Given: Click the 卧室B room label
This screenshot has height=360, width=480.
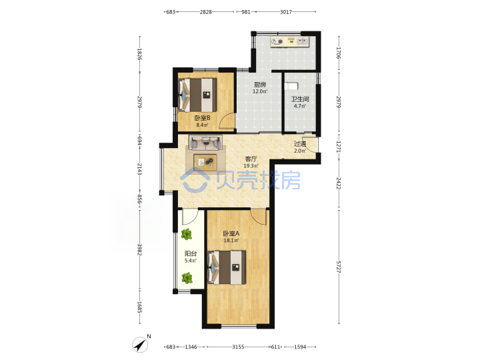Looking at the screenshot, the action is coord(202,118).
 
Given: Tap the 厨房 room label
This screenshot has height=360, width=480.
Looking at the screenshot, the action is coord(260,85).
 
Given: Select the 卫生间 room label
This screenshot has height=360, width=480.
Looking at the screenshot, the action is coord(300,99).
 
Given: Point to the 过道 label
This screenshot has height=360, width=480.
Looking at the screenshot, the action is coord(300,143).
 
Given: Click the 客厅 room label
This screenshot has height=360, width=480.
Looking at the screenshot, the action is coord(251,159).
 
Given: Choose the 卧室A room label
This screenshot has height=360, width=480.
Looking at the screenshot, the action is coord(231,233).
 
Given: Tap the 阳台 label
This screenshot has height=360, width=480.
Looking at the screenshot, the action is coord(191,253).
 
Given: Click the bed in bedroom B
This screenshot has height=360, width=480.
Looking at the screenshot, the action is coord(197,95).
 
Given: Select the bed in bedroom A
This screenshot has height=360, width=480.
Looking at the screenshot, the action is coord(227,267).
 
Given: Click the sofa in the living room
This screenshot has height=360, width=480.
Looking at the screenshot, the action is coord(205,143).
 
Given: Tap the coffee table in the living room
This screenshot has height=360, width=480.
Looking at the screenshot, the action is coord(205,162).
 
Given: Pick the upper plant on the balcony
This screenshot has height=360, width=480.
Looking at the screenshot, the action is coord(186,235).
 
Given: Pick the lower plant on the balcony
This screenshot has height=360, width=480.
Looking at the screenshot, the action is coord(187,278).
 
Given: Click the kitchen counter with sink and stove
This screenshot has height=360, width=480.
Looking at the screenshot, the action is coord(290,41).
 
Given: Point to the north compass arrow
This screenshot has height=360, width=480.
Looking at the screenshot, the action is coord(140,345).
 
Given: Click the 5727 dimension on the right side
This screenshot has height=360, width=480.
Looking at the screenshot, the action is coord(339,267).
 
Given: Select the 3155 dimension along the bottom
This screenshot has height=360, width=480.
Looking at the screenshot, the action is coord(238,347).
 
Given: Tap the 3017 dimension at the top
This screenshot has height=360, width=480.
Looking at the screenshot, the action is coord(286,12).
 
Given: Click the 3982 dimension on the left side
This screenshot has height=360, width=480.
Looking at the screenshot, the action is coord(140,250).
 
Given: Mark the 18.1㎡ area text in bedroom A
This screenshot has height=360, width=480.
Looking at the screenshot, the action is coord(231,241).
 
